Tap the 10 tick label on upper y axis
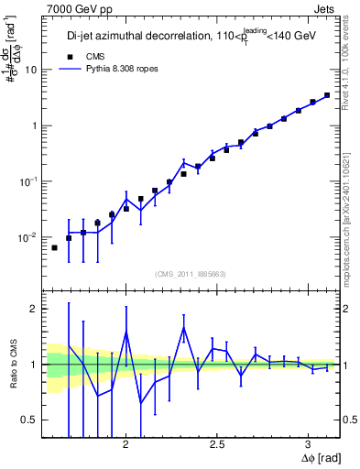pyautogui.click(x=30, y=70)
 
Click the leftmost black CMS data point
pyautogui.click(x=54, y=247)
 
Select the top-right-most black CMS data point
pyautogui.click(x=327, y=94)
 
